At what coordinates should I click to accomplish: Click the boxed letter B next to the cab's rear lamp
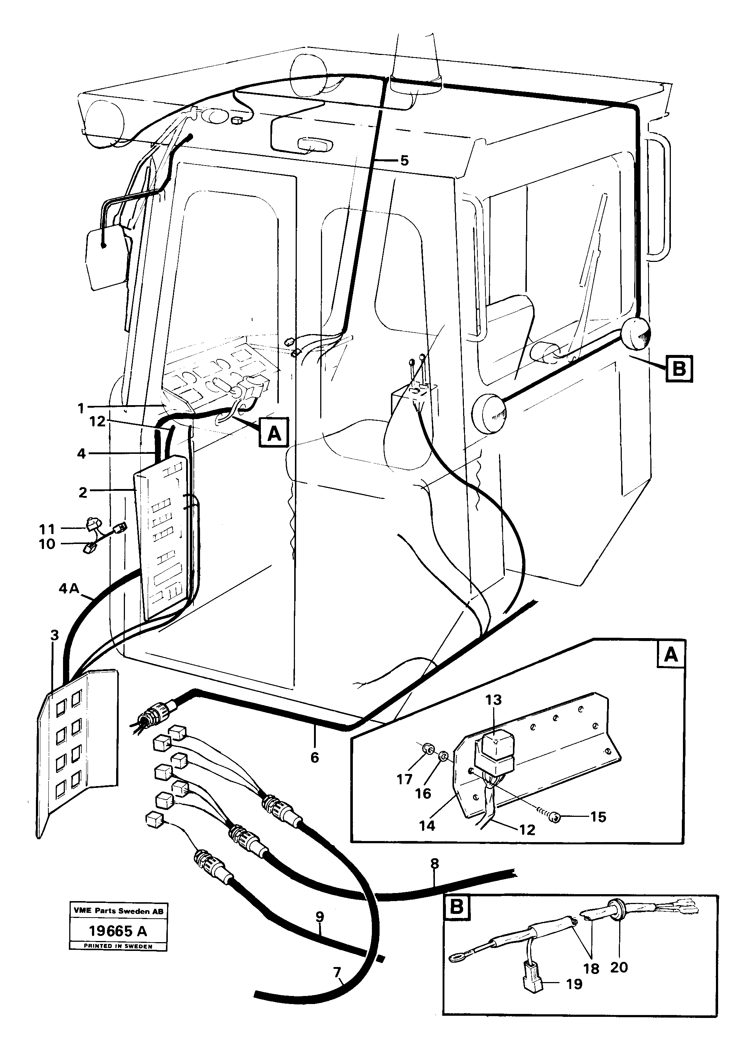coord(679,369)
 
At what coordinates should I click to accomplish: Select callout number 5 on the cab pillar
coord(404,161)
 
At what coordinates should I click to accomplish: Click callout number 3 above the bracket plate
coord(55,636)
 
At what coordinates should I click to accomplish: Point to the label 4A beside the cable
coord(70,589)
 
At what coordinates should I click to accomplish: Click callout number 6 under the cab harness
coord(315,758)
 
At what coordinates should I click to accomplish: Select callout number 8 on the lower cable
coord(434,864)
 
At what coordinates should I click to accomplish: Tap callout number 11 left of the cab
coord(47,528)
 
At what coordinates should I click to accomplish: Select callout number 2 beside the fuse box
coord(82,492)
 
